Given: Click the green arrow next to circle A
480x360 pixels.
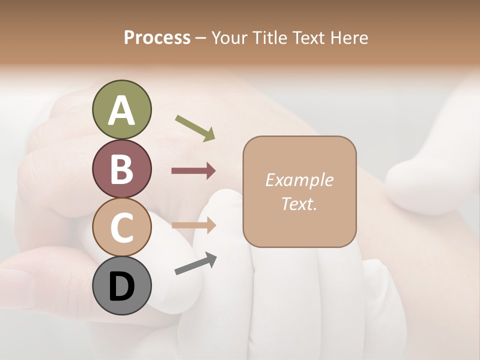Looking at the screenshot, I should [195, 127].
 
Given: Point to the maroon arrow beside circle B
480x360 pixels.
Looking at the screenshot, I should [193, 171].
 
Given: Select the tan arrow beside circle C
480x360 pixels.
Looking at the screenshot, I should [193, 225].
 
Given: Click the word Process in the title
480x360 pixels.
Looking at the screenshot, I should [157, 37].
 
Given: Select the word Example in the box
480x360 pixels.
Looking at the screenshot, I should [299, 180].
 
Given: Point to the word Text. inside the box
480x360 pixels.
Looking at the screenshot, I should [299, 203].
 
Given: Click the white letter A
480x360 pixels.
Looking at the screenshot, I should [121, 110].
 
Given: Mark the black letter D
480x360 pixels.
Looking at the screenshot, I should [121, 286].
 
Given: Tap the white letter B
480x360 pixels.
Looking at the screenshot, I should [121, 169].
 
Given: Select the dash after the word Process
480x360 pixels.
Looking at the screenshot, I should [201, 38].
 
